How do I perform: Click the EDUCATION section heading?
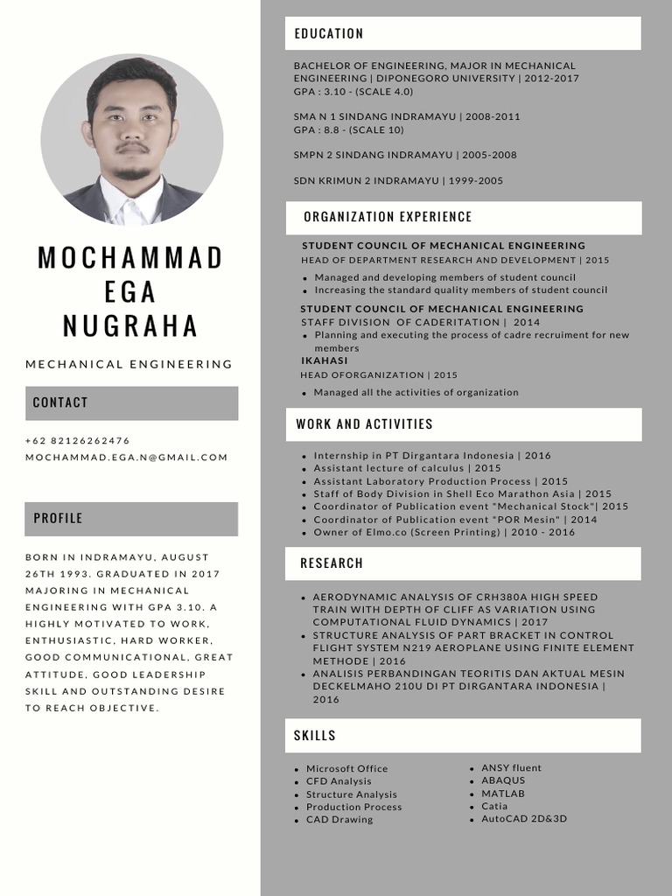coord(329,34)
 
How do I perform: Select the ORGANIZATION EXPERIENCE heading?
coord(388,217)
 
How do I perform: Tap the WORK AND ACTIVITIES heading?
coord(364,424)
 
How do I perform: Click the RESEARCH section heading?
coord(332,563)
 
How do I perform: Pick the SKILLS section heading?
coord(315,736)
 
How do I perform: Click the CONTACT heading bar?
coord(60,402)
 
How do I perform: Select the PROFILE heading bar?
coord(58,518)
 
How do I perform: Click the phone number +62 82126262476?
coord(78,441)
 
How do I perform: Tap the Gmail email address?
coord(127,458)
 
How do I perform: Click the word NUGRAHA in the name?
coord(130,325)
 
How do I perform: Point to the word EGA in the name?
coord(130,291)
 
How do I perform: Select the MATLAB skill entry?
coord(503,794)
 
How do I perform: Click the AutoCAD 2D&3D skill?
coord(524,819)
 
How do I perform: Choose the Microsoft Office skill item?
coord(346,768)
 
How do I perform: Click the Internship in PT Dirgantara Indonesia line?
coord(432,456)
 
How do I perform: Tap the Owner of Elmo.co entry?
coord(444,532)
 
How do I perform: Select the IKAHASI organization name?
coord(324,360)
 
